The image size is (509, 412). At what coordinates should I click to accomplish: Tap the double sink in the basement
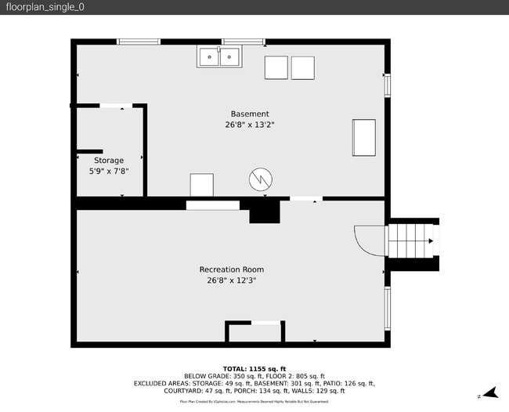219,57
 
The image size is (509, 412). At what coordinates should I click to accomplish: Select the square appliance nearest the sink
276,68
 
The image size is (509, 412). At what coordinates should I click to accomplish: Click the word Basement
250,114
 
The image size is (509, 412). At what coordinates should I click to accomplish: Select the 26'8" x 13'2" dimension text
250,124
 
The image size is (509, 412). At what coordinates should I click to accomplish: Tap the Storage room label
109,161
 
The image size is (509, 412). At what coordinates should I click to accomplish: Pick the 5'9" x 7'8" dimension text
109,171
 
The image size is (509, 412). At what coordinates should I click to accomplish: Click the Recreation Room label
231,269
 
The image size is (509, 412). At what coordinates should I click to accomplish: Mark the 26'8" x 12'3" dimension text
231,280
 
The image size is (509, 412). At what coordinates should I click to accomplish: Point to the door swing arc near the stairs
368,240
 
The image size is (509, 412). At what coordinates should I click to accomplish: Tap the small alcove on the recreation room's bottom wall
254,332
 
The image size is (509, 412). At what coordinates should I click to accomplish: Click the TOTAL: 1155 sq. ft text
254,368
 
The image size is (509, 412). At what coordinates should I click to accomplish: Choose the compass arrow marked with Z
489,393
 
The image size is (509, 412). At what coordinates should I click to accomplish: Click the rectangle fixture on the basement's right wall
364,138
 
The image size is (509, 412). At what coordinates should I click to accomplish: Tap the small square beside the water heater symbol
202,185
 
